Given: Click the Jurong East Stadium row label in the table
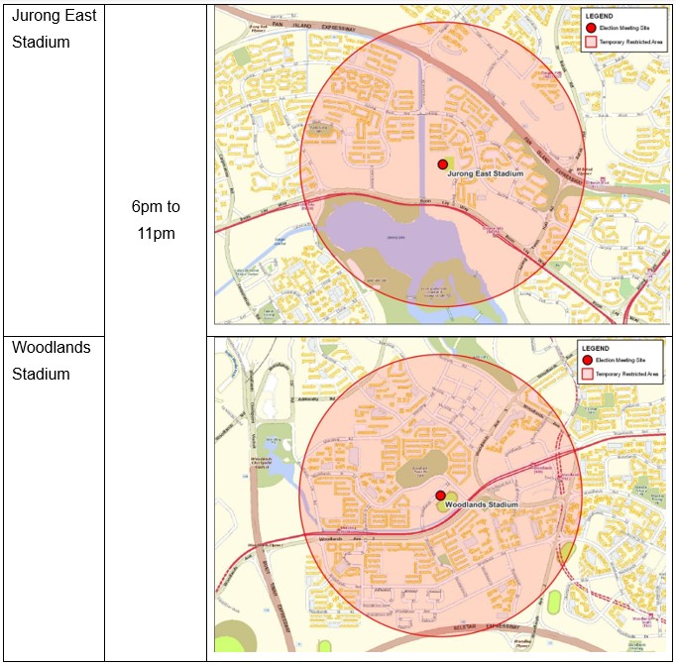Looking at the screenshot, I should tap(54, 29).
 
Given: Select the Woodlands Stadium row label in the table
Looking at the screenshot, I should tap(51, 361).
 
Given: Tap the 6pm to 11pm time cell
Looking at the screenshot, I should tap(155, 220).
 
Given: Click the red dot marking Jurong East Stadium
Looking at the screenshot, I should tap(442, 165).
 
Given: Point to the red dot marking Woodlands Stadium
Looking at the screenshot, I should tap(440, 495).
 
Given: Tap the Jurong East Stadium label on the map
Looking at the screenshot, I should tap(485, 174).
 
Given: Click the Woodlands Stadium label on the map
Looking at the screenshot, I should tap(482, 504).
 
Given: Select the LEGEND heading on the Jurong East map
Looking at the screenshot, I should tap(601, 16).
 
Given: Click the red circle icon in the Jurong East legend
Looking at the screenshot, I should tap(591, 29).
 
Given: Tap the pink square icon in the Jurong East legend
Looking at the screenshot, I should tap(591, 44).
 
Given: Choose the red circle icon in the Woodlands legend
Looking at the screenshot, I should tap(587, 361).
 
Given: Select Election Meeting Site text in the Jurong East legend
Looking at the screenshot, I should tap(628, 29).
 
